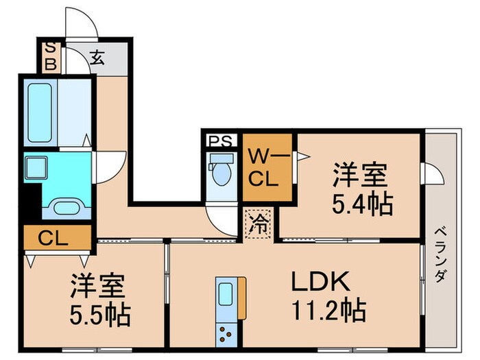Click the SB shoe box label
[x=50, y=58]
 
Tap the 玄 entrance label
[x=98, y=58]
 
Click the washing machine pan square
[x=34, y=167]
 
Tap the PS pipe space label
[x=219, y=142]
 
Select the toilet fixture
[x=220, y=171]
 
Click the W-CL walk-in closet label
[x=263, y=169]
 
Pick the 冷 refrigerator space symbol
[x=259, y=222]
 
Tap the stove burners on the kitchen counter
[x=226, y=335]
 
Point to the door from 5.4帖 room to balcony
[x=431, y=174]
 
